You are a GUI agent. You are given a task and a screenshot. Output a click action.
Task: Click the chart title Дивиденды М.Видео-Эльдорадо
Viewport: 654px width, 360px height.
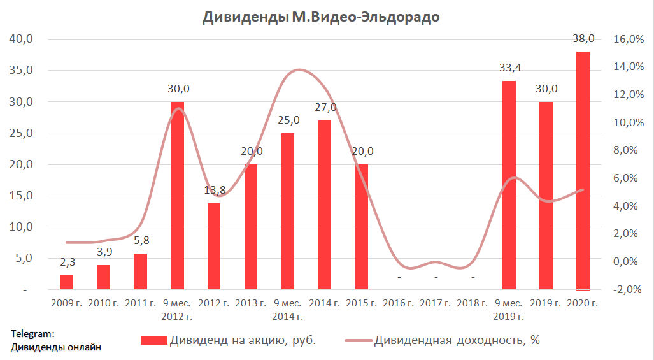(x=321, y=17)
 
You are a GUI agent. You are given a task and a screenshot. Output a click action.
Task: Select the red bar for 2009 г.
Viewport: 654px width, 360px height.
(x=66, y=282)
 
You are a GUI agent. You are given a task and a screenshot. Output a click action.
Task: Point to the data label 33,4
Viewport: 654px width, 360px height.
(x=509, y=68)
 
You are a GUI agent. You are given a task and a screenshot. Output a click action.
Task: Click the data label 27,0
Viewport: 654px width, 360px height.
(x=325, y=107)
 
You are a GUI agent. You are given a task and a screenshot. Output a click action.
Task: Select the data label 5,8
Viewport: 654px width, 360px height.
(x=140, y=241)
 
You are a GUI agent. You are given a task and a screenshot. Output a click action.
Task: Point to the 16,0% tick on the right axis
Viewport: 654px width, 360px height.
(x=628, y=40)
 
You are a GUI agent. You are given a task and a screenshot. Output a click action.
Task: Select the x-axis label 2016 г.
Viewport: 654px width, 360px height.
(x=399, y=303)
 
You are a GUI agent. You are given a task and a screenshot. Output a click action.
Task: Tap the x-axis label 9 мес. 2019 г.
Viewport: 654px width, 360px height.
(x=509, y=310)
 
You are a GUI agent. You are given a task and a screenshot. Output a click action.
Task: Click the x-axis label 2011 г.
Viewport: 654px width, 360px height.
(x=140, y=303)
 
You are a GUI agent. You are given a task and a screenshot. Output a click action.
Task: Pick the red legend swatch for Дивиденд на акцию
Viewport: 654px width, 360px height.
(x=154, y=340)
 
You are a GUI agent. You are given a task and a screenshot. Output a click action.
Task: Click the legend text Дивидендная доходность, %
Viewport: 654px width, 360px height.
(x=457, y=340)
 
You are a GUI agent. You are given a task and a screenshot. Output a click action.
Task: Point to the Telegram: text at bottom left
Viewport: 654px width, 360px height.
(x=32, y=333)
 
